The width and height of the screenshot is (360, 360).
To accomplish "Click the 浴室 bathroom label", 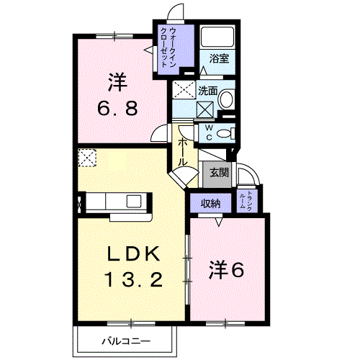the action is [x=219, y=58].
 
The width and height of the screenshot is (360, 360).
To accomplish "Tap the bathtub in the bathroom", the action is [x=217, y=37].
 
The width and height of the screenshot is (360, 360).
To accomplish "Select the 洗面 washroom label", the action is [x=208, y=91].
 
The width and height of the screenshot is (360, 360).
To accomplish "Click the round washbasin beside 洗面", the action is [x=227, y=99].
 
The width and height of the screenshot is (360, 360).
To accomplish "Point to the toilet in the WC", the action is [x=226, y=133].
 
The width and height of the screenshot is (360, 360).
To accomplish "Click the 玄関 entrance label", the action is [x=219, y=172].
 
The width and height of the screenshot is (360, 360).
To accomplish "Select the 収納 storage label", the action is [x=211, y=204].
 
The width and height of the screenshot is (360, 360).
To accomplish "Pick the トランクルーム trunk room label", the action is [x=246, y=201].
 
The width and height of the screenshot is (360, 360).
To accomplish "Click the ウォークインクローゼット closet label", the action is [x=168, y=48].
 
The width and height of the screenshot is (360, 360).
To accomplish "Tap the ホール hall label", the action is [x=183, y=153].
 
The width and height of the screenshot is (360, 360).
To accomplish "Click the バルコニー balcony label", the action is [x=126, y=341].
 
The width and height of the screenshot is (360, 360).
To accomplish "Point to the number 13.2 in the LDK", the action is [x=134, y=279].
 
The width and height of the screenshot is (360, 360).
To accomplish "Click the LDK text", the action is [x=134, y=253].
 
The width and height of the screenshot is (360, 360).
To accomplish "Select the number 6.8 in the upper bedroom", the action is [x=117, y=107].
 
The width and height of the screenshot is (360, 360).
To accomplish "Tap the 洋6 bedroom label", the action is [x=227, y=270].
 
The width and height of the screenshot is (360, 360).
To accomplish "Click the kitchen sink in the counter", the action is [x=134, y=201].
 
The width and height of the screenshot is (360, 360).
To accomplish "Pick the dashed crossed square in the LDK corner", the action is [x=87, y=158].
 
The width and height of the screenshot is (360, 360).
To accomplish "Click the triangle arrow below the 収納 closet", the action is [x=218, y=222].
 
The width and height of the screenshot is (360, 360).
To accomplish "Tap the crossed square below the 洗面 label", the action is [x=205, y=109].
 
